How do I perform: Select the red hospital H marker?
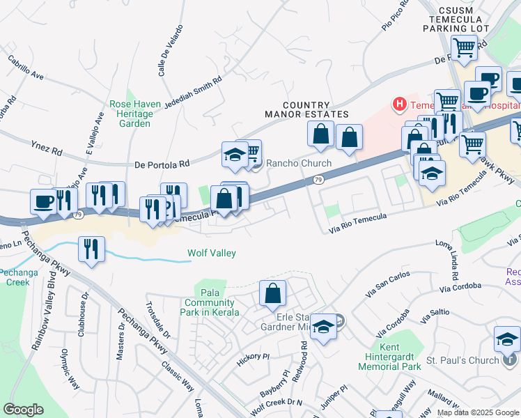pos(399,105)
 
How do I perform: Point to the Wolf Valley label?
pos(212,254)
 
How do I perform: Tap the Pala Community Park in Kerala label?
pos(209,302)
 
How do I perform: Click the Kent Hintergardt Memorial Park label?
pos(401,357)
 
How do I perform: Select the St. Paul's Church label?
pos(462,360)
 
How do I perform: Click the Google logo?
pos(23,410)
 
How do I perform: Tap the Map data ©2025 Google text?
pos(477,412)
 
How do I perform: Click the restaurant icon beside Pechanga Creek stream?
pos(92,249)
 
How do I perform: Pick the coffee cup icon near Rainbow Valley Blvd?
pos(43,201)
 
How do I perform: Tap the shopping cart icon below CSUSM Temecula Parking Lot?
pos(464,48)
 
